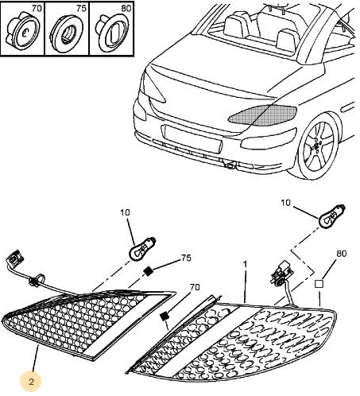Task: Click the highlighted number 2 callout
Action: point(31,382)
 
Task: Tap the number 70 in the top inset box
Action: point(37,9)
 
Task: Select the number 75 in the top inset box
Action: point(81,9)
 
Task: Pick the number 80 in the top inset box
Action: point(126,9)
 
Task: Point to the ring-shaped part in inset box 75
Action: point(67,34)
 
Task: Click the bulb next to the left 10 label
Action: point(141,249)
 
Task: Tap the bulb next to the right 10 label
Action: point(332,216)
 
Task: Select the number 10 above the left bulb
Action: point(125,212)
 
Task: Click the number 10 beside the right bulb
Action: point(285,203)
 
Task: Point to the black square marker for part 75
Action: point(148,271)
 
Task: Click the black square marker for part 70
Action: point(165,316)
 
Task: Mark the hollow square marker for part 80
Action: point(319,284)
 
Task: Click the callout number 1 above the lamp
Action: point(245,264)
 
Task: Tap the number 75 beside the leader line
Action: point(186,258)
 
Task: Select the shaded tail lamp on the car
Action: point(263,114)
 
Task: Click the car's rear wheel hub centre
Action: point(317,146)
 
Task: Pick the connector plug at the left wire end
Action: point(14,258)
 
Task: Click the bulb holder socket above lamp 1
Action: point(281,273)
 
